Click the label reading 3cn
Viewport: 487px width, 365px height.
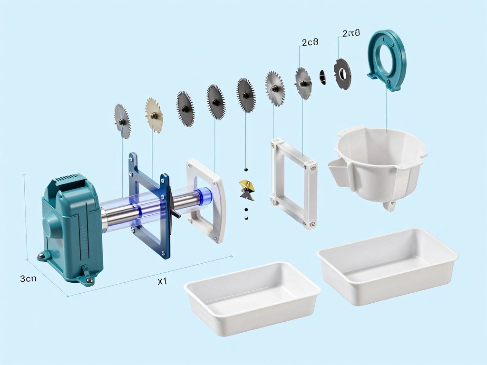[28, 279]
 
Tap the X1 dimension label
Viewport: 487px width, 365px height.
[162, 281]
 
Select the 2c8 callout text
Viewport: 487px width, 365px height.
[310, 42]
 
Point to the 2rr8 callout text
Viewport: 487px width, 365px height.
[351, 33]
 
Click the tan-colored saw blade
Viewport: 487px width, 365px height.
[154, 115]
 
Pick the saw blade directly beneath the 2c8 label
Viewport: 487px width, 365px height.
[303, 83]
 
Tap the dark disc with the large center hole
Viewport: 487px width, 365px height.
[342, 74]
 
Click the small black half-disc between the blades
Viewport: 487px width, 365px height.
[323, 77]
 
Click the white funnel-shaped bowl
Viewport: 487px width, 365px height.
[380, 162]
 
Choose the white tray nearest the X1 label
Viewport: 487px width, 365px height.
[252, 297]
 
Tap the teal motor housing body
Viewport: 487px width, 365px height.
[71, 228]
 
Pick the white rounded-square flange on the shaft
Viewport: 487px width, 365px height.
[207, 200]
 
